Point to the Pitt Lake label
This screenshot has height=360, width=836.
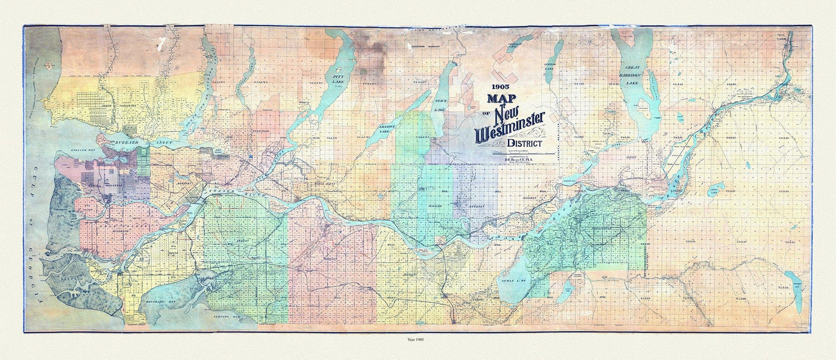click(335, 78)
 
